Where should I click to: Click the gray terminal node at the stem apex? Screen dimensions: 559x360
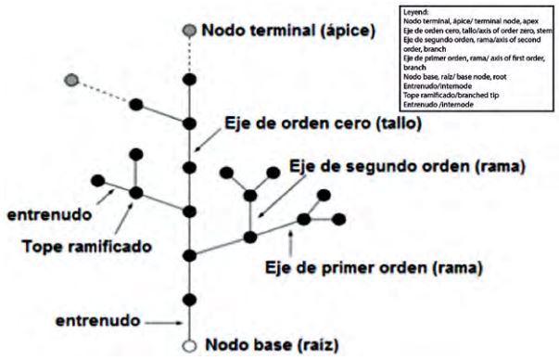coord(189,31)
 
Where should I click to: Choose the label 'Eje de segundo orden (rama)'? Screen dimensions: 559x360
coord(407,167)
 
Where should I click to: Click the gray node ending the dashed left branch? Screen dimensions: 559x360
coord(70,80)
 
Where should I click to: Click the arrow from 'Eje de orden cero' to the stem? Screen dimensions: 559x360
coord(205,139)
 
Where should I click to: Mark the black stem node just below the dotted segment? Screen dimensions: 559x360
coord(189,80)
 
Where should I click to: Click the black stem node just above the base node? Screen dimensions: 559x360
coord(189,300)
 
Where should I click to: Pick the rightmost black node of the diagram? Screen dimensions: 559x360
coord(338,219)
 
